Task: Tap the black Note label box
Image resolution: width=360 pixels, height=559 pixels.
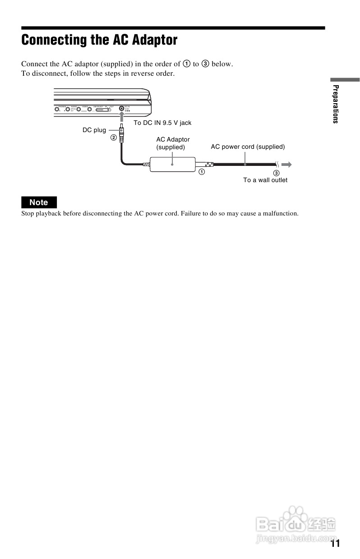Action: pyautogui.click(x=39, y=202)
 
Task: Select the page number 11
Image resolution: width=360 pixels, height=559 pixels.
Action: pyautogui.click(x=335, y=543)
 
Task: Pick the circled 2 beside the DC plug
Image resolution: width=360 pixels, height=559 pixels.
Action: pyautogui.click(x=114, y=137)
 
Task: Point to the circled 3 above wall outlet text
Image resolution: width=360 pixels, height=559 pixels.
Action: pyautogui.click(x=277, y=173)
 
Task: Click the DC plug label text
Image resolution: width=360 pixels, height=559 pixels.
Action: pyautogui.click(x=94, y=130)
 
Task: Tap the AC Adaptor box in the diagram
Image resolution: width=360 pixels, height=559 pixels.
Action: pyautogui.click(x=172, y=164)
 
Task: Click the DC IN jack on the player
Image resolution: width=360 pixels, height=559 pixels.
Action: pyautogui.click(x=122, y=109)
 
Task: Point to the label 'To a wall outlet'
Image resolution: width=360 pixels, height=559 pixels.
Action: pyautogui.click(x=265, y=180)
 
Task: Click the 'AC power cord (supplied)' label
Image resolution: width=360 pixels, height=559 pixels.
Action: pyautogui.click(x=248, y=147)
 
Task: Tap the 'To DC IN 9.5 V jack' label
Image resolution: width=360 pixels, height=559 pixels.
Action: pyautogui.click(x=162, y=123)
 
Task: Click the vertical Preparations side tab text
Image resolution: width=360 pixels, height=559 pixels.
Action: pyautogui.click(x=335, y=104)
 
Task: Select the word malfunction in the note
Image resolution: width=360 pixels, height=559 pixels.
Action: pyautogui.click(x=279, y=213)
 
